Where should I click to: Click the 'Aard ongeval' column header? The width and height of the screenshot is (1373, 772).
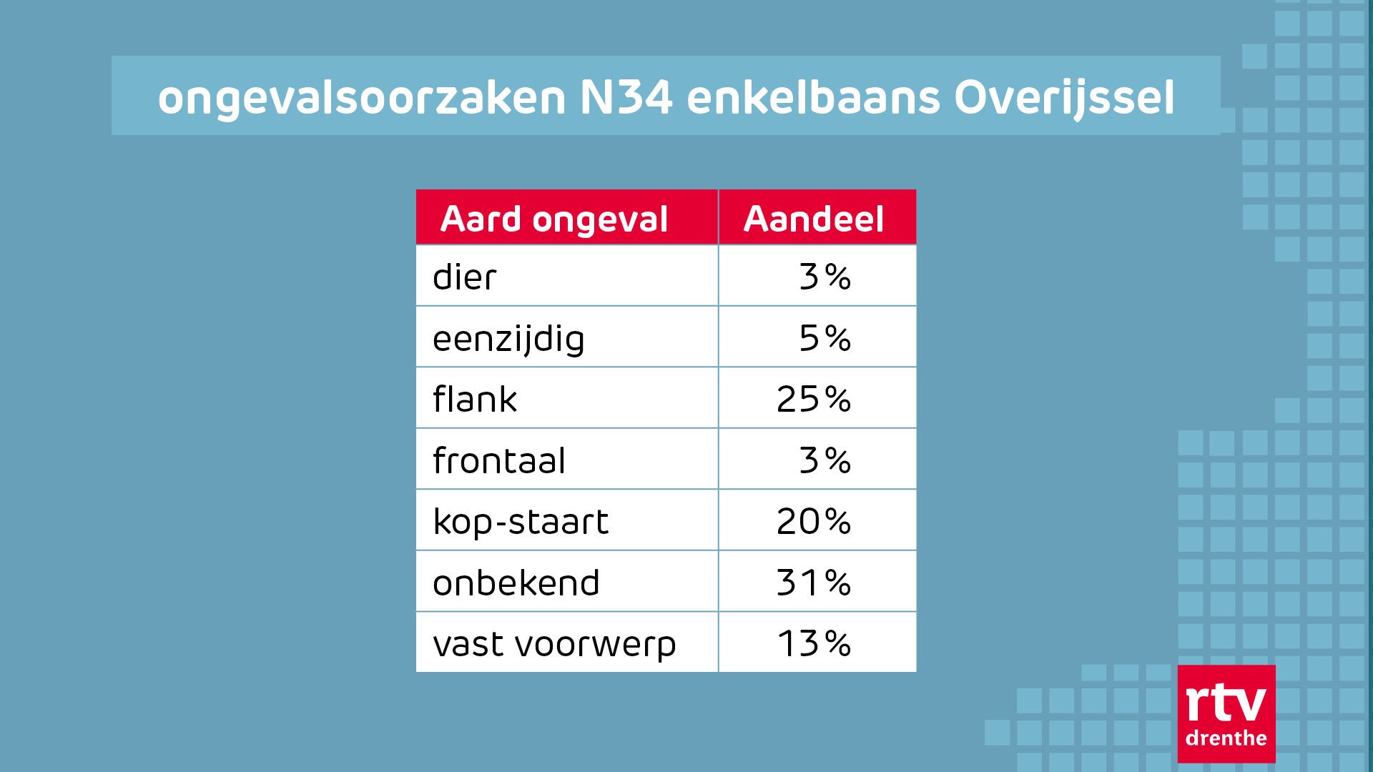coord(554,219)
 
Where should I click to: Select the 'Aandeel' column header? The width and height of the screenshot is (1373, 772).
coord(814,219)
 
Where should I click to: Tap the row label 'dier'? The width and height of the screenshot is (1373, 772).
coord(464,277)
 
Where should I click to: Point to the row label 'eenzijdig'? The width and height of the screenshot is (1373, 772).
coord(508,339)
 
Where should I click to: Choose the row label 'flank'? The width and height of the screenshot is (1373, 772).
coord(475,400)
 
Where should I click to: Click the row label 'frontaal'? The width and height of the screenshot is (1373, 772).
coord(499,461)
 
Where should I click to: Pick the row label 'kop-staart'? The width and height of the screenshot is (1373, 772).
coord(521,522)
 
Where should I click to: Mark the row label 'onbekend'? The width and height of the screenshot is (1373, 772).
coord(516,583)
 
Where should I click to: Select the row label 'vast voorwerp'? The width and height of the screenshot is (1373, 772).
coord(554,644)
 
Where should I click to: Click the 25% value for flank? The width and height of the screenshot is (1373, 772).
coord(814,400)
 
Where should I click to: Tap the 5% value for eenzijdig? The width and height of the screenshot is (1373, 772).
coord(825,339)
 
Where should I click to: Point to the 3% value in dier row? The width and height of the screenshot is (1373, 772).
coord(825,277)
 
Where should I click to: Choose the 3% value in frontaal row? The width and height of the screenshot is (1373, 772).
coord(825,461)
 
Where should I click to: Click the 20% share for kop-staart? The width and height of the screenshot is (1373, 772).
coord(814,522)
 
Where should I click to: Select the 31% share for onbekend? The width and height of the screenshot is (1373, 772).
coord(814,583)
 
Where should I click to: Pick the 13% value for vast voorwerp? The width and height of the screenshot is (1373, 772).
coord(814,644)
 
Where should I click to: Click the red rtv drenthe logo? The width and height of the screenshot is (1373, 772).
coord(1226,714)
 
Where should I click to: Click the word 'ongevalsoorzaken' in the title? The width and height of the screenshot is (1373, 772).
coord(362,99)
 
